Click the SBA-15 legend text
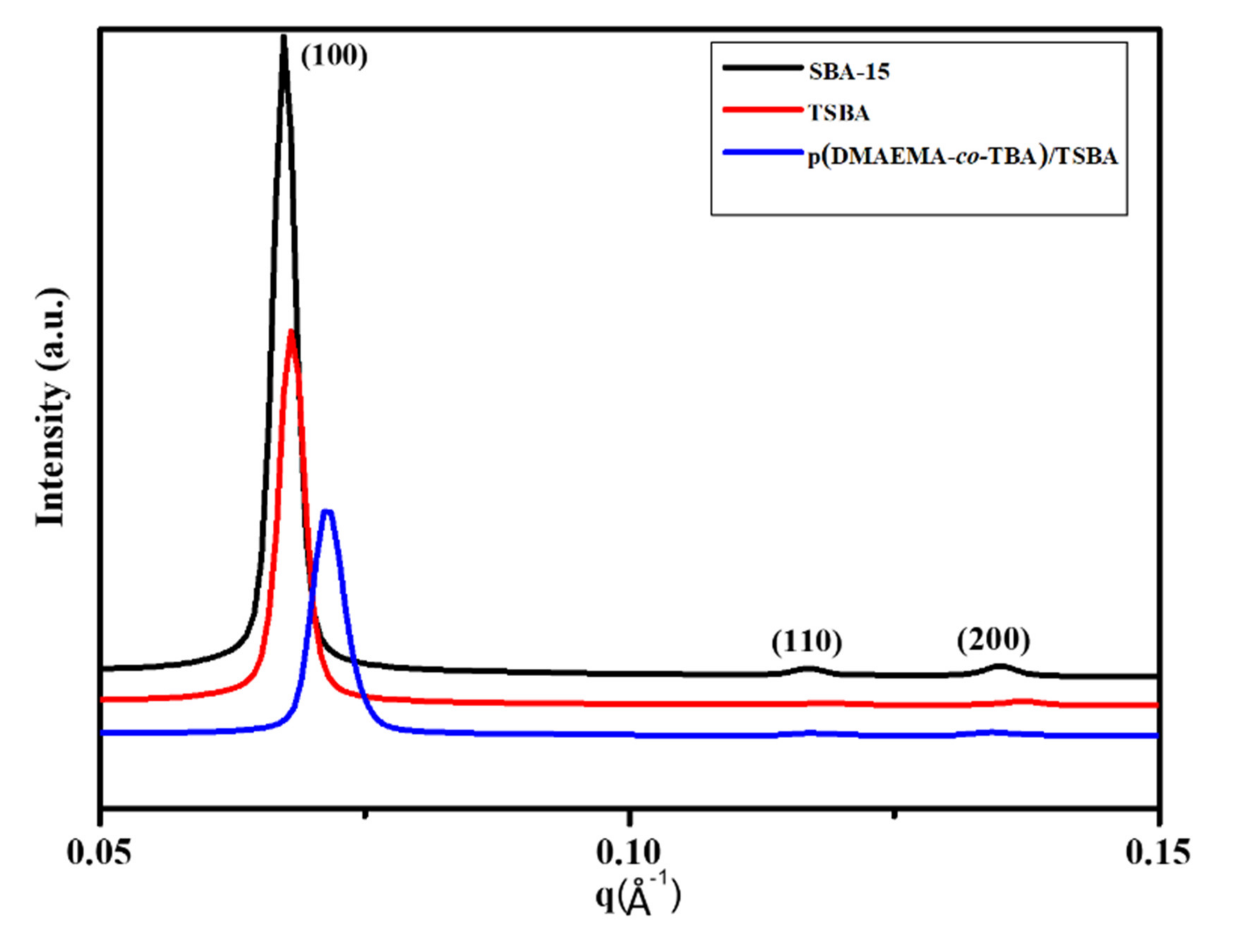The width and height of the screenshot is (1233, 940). [x=849, y=72]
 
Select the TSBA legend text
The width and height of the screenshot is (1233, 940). [x=839, y=114]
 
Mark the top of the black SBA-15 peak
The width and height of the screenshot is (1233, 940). [x=283, y=38]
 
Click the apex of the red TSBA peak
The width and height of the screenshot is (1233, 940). [x=291, y=331]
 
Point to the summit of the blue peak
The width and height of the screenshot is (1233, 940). [x=328, y=511]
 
